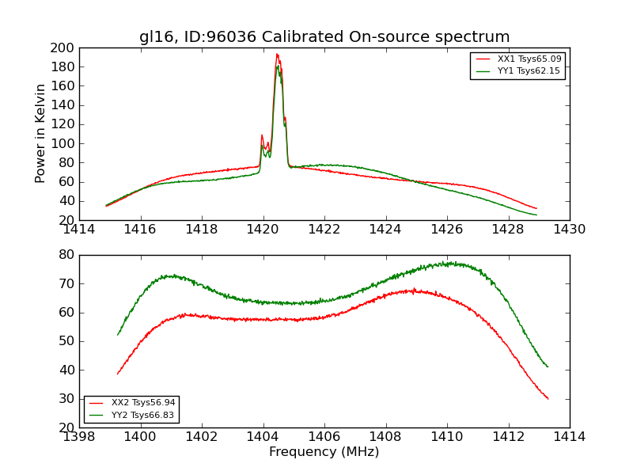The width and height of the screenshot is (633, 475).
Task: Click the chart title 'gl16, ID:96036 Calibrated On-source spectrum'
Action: (x=324, y=37)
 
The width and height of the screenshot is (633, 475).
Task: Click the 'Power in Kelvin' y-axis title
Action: (x=41, y=134)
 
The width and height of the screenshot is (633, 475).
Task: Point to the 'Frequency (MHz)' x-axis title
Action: (x=324, y=452)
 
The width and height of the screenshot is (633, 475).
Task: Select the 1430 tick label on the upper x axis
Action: (x=569, y=230)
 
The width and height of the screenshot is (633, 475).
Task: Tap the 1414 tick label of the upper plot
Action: (x=80, y=230)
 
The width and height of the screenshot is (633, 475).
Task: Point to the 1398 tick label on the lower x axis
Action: (x=80, y=436)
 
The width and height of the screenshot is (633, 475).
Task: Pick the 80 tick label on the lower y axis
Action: (x=66, y=255)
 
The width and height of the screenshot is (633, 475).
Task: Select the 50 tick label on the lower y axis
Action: (x=66, y=341)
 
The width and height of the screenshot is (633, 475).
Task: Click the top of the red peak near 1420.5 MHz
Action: (x=277, y=54)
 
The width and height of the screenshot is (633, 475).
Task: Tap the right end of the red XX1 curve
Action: (x=536, y=208)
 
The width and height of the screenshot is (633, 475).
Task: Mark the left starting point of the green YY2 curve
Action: (x=118, y=335)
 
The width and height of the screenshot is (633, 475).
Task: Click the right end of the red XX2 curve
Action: (x=548, y=399)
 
